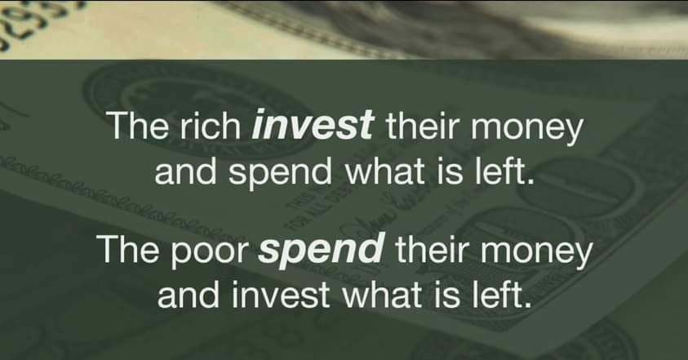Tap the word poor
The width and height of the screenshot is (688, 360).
tap(209, 251)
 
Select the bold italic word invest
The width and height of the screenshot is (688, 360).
tap(313, 125)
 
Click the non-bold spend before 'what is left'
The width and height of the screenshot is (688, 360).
tap(281, 172)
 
